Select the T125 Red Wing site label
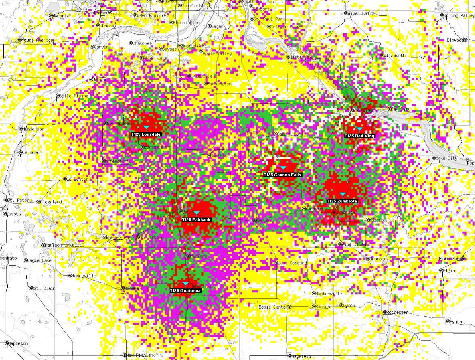[359, 136]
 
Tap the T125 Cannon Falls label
[282, 175]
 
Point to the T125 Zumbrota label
[342, 201]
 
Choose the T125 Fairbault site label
[196, 219]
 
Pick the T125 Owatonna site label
[185, 291]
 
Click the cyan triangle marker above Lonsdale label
[146, 128]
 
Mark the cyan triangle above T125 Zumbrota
[343, 195]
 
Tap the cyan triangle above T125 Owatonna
[187, 284]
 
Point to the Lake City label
[447, 158]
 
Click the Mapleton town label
[18, 343]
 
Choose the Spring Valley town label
[459, 15]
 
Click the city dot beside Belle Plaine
[57, 96]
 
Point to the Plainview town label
[450, 258]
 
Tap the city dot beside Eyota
[448, 322]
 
